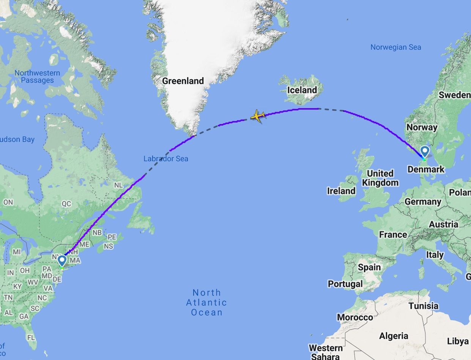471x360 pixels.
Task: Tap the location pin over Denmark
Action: click(425, 152)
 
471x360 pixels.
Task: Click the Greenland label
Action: click(183, 81)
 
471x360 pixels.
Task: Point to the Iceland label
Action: click(302, 90)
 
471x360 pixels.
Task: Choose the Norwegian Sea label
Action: click(396, 47)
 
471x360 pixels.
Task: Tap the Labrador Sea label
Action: click(165, 159)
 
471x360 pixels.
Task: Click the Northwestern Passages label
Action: click(37, 77)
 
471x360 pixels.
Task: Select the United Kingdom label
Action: click(380, 178)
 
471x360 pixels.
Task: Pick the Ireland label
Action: click(341, 191)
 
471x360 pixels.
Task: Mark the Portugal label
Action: click(345, 284)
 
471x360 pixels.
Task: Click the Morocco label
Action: click(355, 317)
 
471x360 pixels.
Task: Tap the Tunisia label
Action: click(423, 306)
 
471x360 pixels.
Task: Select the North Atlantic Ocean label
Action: click(206, 302)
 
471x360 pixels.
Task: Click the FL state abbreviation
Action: click(31, 337)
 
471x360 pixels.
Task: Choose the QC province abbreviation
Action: click(66, 204)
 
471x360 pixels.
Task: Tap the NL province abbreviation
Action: click(118, 185)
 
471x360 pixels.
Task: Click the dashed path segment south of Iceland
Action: click(331, 110)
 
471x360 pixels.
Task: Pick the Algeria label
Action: click(394, 336)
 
